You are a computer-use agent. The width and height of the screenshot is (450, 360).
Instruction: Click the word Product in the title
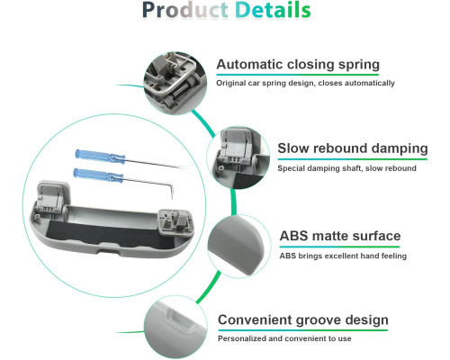pos(185,10)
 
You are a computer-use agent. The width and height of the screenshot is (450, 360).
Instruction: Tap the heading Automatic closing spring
pos(298,64)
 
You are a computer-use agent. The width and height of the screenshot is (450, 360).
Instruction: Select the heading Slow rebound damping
pos(353,148)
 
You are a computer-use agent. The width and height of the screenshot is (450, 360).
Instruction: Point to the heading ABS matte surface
pos(340,236)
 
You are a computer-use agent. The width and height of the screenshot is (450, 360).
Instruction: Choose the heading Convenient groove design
pos(303,320)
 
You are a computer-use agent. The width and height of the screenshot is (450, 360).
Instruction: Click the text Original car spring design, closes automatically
pos(305,83)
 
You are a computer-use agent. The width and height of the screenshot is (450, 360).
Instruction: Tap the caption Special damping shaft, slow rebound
pos(346,168)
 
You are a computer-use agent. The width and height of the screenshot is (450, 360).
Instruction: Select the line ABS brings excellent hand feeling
pos(343,256)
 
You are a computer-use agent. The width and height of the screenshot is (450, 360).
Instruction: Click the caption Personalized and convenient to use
pos(284,338)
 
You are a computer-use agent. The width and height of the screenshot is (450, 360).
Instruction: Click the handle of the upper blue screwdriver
pos(100,157)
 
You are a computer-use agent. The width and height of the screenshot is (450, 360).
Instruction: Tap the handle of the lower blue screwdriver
pos(98,175)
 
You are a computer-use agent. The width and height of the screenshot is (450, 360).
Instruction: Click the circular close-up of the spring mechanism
pos(175,83)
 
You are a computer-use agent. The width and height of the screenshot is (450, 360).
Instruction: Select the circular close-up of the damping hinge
pos(238,157)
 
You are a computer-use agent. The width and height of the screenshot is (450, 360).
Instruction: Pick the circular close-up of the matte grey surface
pos(239,246)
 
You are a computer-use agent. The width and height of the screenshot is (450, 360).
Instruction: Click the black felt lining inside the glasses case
pos(105,236)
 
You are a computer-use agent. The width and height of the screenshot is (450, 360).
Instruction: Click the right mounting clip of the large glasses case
pos(176,222)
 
